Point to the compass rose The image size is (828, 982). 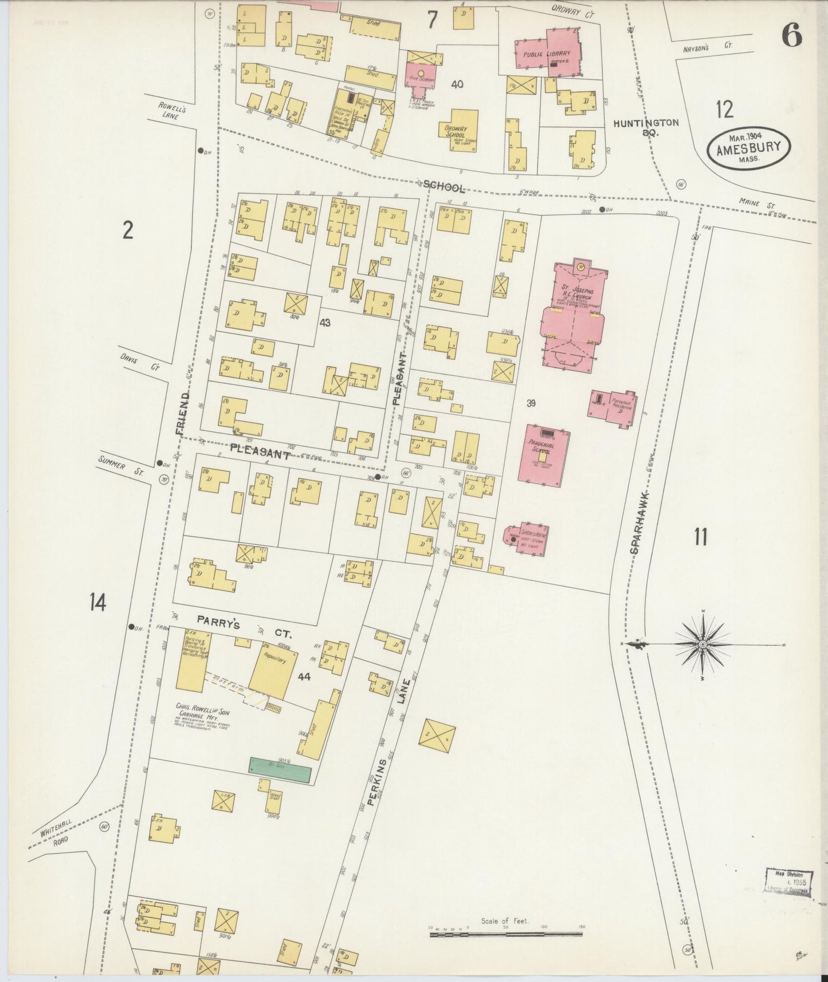702,644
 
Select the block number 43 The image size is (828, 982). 325,323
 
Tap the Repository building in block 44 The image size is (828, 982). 273,666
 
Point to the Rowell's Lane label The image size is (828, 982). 171,111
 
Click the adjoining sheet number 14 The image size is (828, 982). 97,602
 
